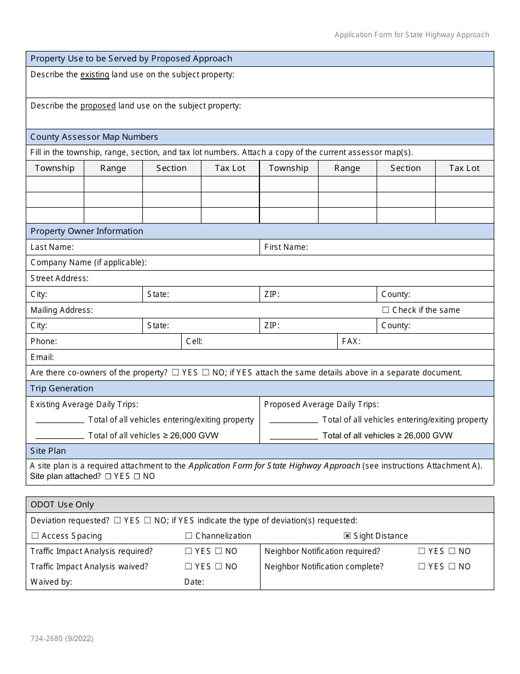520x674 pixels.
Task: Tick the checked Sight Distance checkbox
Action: (347, 536)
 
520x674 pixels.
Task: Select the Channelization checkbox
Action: (189, 536)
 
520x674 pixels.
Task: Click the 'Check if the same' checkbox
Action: (385, 310)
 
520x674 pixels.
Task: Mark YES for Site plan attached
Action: (108, 477)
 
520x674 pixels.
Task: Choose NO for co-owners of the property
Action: (206, 373)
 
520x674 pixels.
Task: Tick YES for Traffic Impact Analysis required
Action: (188, 551)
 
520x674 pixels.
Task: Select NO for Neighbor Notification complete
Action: (452, 567)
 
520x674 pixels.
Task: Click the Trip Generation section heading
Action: (62, 389)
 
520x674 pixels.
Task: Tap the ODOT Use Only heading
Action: (62, 505)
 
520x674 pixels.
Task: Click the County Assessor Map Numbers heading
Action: (94, 137)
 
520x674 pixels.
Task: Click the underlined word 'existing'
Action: (95, 75)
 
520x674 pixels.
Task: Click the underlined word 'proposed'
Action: (98, 106)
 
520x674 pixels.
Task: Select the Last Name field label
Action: (52, 247)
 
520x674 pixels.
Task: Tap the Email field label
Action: (42, 357)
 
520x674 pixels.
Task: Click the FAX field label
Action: (351, 341)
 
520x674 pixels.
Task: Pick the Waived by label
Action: (51, 582)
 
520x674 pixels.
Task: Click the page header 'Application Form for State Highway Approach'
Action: (412, 35)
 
